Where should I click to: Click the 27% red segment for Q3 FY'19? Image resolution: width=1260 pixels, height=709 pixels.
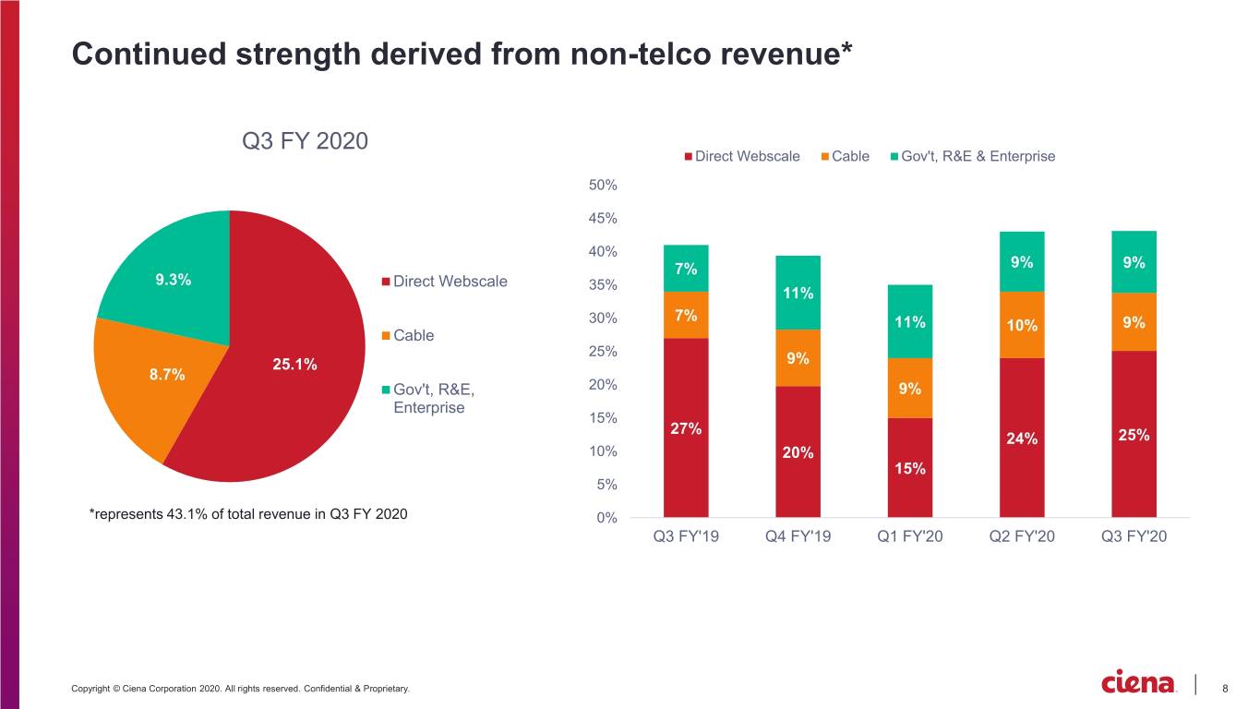coord(686,427)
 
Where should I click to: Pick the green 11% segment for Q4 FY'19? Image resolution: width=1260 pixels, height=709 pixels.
coord(798,293)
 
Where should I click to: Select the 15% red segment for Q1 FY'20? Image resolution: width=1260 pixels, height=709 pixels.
coord(909,468)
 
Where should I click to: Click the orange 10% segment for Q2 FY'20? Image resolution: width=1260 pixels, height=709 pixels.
coord(1022,325)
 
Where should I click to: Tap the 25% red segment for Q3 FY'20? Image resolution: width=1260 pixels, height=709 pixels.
coord(1134,434)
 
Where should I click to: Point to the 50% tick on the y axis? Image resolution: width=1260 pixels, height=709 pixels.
coord(603,186)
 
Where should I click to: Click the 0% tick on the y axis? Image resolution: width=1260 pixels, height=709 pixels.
coord(606,518)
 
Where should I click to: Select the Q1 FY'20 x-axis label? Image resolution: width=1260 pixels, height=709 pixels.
coord(909,536)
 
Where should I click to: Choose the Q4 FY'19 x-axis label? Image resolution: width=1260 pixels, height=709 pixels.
coord(798,536)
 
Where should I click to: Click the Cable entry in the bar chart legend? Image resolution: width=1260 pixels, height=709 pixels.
coord(845,156)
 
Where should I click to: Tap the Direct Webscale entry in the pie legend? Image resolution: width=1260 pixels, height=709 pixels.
coord(444,282)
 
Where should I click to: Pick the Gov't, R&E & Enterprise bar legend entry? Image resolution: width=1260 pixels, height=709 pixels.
coord(973,156)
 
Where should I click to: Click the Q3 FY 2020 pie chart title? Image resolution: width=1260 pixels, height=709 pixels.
coord(305,140)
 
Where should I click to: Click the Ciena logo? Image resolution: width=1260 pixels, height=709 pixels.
coord(1138,682)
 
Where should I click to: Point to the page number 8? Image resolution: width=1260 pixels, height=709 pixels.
coord(1225,688)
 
